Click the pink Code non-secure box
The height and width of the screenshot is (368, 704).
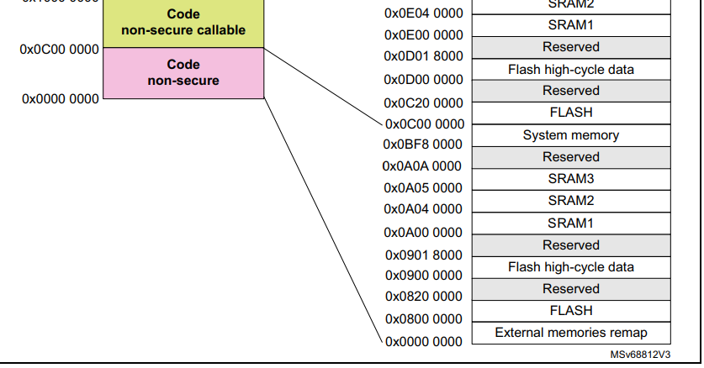coord(183,72)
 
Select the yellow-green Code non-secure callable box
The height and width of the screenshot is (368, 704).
coord(183,23)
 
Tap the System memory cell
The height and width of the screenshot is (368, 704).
coord(570,135)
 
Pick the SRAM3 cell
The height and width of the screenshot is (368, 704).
coord(570,179)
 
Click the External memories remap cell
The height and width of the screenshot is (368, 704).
coord(570,332)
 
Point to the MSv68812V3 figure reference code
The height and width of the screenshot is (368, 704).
coord(640,355)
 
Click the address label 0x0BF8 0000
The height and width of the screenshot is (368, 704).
coord(423,145)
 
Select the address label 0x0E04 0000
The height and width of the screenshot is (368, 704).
coord(423,13)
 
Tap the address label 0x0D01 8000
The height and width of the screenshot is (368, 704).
coord(423,57)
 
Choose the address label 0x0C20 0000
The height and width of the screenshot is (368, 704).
coord(423,103)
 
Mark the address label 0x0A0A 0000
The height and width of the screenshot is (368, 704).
coord(423,166)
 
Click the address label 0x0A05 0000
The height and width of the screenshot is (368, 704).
coord(423,188)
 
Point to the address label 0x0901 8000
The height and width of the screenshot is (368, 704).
coord(423,255)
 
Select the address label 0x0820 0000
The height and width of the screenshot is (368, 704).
coord(423,297)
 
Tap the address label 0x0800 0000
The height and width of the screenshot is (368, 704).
coord(423,319)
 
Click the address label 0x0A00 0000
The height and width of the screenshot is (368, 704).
coord(423,232)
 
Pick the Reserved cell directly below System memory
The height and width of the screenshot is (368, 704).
coord(570,157)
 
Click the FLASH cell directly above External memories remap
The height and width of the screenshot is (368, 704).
coord(570,310)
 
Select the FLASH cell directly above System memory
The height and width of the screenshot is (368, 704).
coord(570,113)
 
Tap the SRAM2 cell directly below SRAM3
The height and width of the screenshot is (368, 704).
coord(570,201)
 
